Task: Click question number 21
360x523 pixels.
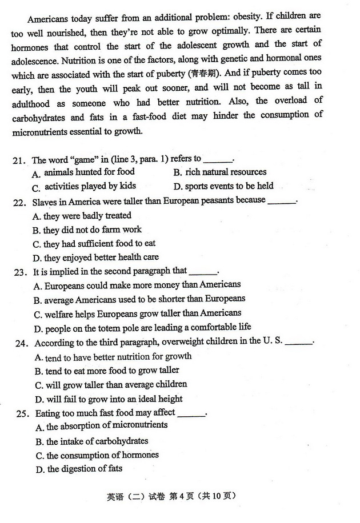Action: coord(19,160)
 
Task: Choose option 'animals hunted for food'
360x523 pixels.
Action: coord(89,172)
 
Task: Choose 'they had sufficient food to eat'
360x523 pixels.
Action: coord(99,243)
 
